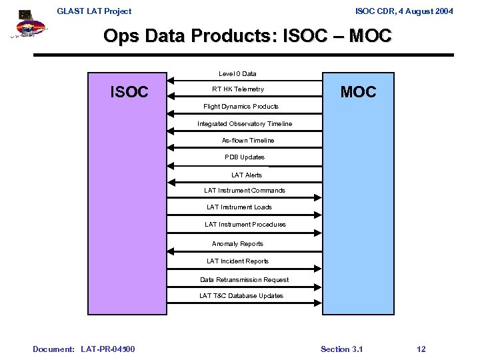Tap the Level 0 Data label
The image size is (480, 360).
[x=237, y=73]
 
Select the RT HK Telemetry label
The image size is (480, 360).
[x=238, y=89]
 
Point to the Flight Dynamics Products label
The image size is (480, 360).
[x=241, y=107]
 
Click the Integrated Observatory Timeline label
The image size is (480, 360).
[x=245, y=124]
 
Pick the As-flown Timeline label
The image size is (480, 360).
[x=248, y=141]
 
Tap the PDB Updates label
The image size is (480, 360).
[x=245, y=157]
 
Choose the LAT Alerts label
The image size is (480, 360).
[x=247, y=175]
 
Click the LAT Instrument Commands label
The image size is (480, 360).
[x=245, y=191]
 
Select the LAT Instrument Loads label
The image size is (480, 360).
[x=239, y=207]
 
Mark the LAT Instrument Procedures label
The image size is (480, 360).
[x=245, y=225]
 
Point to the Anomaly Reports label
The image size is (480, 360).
[x=237, y=244]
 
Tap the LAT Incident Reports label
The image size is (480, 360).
[x=237, y=261]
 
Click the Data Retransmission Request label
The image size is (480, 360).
[x=244, y=280]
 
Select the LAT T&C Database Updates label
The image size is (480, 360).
[x=241, y=296]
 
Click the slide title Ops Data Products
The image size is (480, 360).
[x=247, y=36]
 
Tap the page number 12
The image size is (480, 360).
[x=421, y=349]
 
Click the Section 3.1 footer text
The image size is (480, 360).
[x=341, y=349]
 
